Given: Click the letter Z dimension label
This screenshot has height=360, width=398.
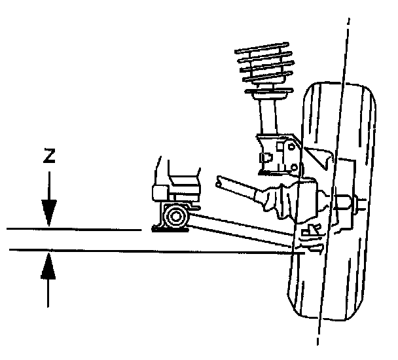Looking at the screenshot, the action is tap(48, 157).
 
